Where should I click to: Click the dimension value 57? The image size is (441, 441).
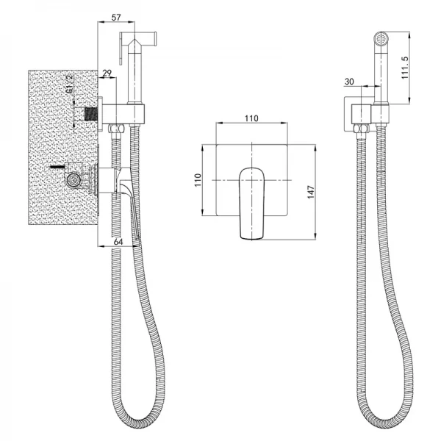(x=116, y=18)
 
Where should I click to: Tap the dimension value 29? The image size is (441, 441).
(x=107, y=73)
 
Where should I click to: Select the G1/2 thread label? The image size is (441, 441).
(x=69, y=84)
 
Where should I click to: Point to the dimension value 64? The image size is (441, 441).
(x=118, y=242)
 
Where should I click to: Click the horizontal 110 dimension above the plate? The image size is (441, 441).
(x=251, y=118)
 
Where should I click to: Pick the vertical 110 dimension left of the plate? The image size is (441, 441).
(x=198, y=180)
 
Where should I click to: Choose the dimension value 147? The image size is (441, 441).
(x=310, y=193)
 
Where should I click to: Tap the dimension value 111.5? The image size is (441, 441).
(x=404, y=68)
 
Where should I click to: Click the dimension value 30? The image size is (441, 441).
(x=349, y=82)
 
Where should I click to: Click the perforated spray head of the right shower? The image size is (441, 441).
(x=381, y=37)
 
